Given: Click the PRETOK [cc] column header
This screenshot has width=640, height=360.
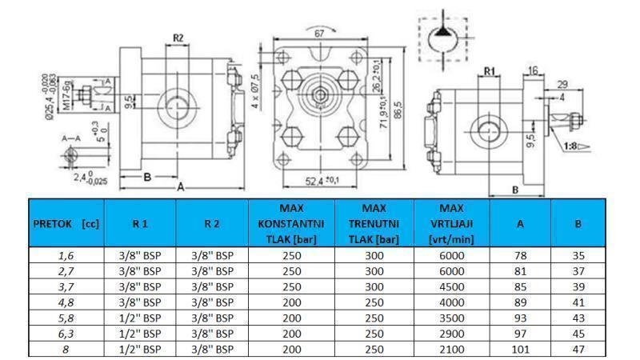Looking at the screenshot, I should [67, 225].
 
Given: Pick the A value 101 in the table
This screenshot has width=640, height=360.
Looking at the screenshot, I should [519, 350].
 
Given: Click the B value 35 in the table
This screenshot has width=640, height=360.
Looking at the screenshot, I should [579, 255].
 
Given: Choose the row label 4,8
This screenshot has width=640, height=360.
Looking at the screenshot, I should [66, 302].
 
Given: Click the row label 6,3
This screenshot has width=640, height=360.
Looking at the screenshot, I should [66, 334].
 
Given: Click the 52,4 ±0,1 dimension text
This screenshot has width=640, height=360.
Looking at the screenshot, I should [319, 182].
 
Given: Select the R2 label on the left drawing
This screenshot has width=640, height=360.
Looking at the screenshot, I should [179, 38].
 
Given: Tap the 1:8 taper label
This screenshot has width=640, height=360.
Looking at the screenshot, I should [570, 146].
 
